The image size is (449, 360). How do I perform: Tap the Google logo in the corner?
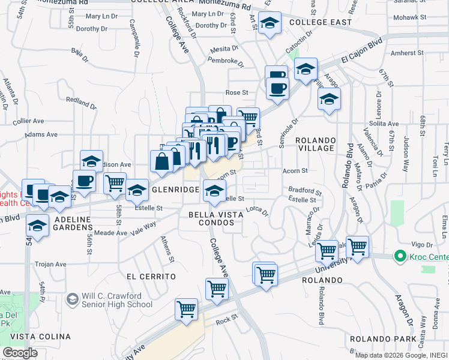(x=20, y=353)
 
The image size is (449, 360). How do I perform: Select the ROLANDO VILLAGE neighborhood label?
(x=315, y=144)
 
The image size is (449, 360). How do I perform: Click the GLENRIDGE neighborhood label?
(x=175, y=190)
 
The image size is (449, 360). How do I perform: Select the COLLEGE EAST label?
(x=319, y=22)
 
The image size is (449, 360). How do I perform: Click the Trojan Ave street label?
(x=50, y=264)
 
